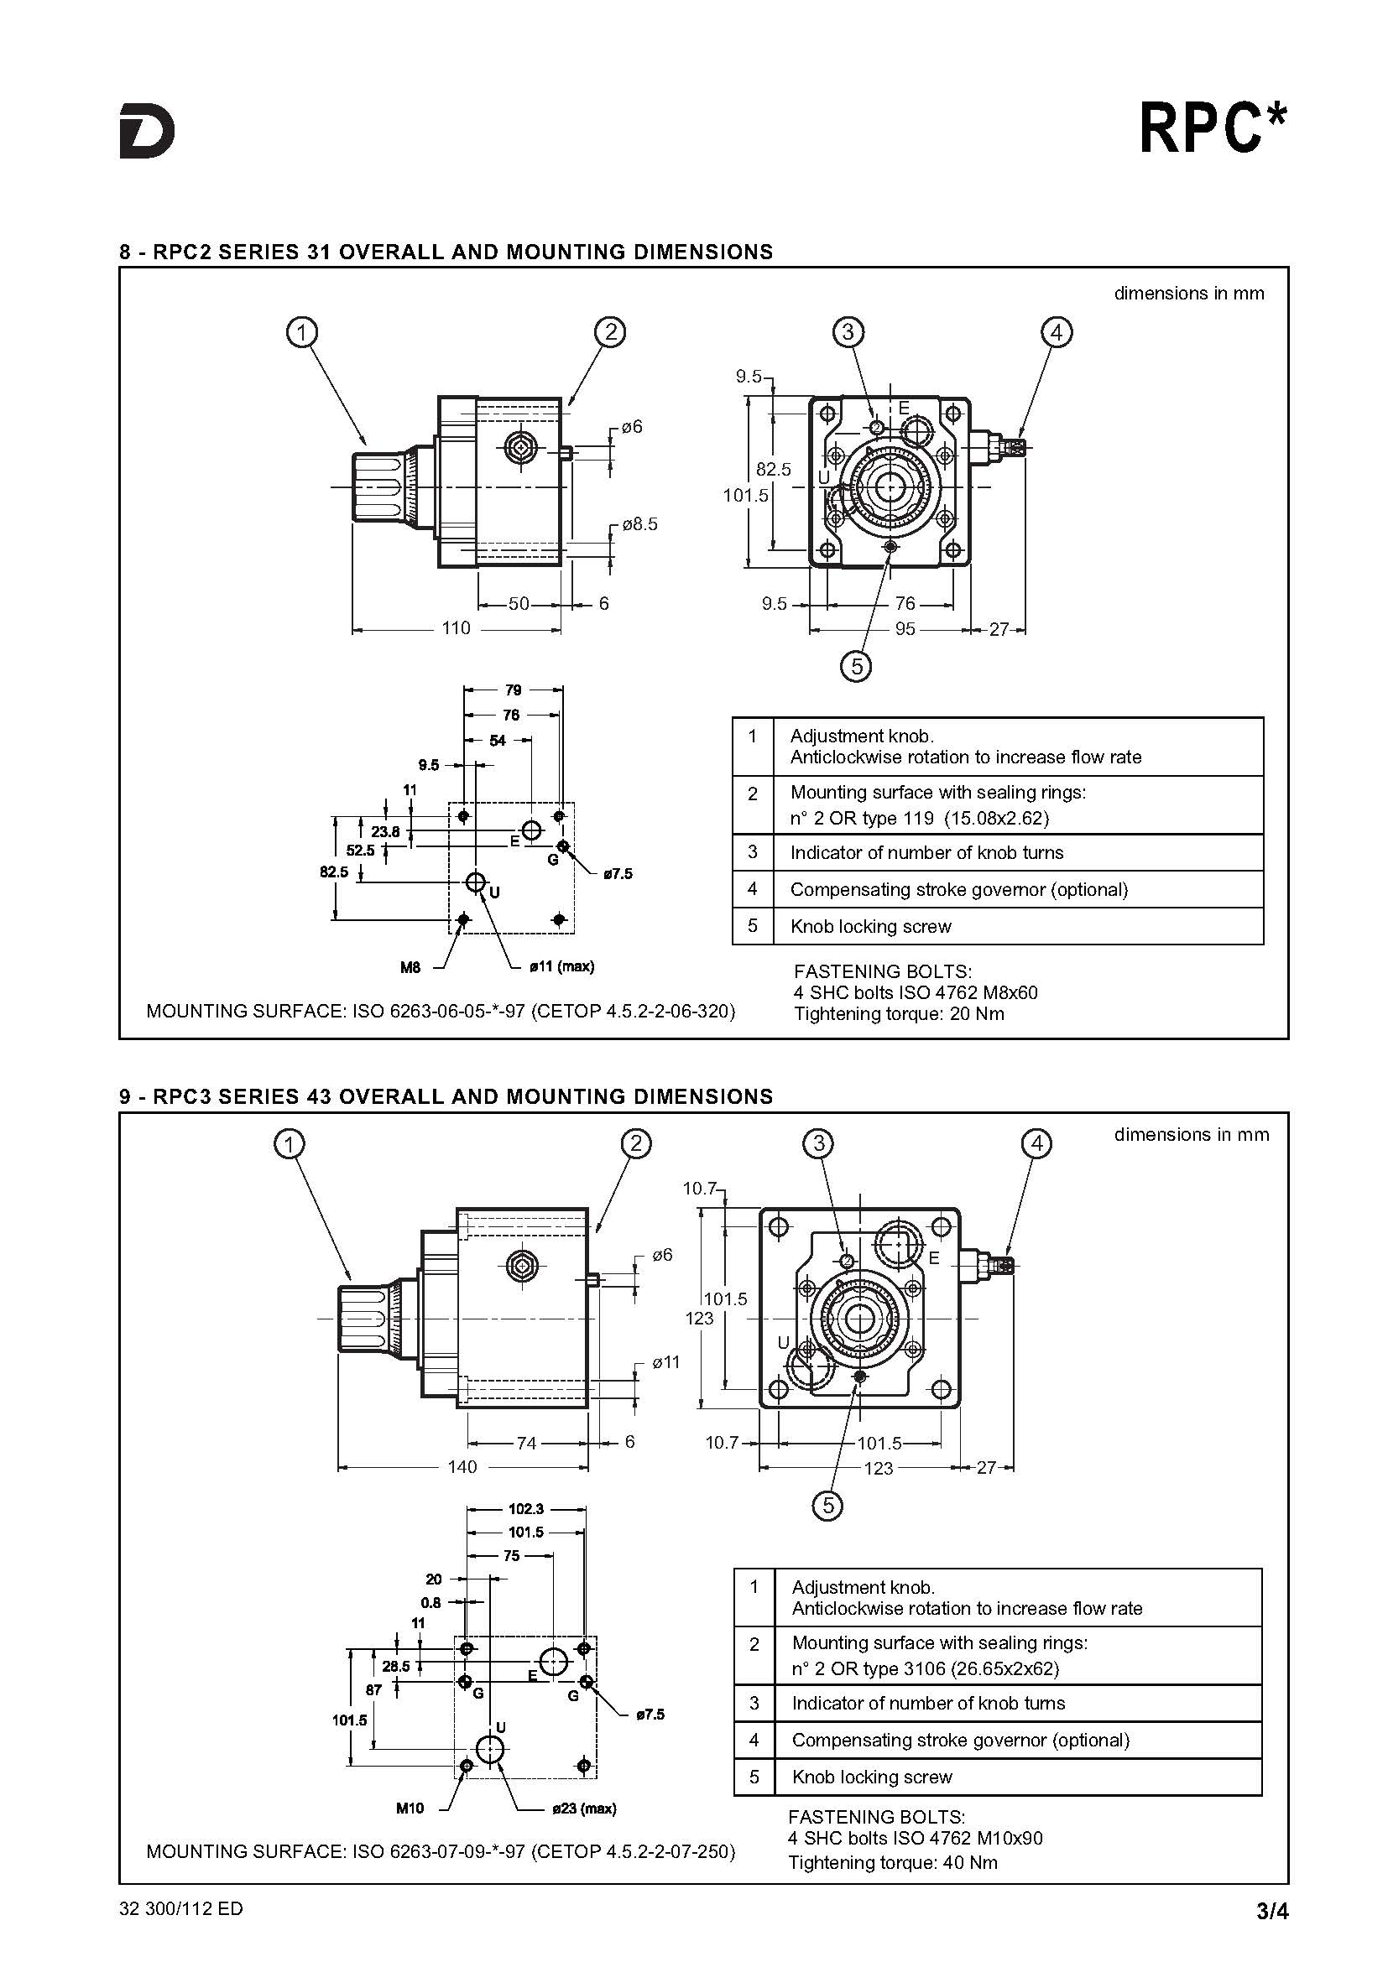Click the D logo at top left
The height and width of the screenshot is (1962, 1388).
point(147,131)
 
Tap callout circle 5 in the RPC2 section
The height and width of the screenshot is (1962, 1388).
point(857,665)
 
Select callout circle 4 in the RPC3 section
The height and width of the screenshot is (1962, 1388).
point(1036,1143)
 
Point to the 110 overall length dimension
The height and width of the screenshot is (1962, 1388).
point(456,628)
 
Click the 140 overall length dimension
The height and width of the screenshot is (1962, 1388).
point(462,1467)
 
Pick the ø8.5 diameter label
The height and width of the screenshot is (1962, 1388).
point(640,523)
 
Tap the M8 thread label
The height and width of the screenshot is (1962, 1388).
point(410,967)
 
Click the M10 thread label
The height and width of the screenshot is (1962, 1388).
point(410,1808)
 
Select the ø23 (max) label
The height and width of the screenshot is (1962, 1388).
point(584,1808)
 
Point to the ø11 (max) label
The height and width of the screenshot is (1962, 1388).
point(561,966)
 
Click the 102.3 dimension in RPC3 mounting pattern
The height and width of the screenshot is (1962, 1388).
point(525,1509)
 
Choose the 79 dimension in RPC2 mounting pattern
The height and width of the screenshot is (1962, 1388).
point(513,690)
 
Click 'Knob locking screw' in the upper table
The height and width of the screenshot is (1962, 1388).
point(870,926)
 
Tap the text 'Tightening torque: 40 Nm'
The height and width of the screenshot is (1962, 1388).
point(892,1863)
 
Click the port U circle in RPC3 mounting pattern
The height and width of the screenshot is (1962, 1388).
point(490,1748)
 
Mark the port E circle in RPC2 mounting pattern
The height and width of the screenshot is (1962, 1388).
point(530,830)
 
